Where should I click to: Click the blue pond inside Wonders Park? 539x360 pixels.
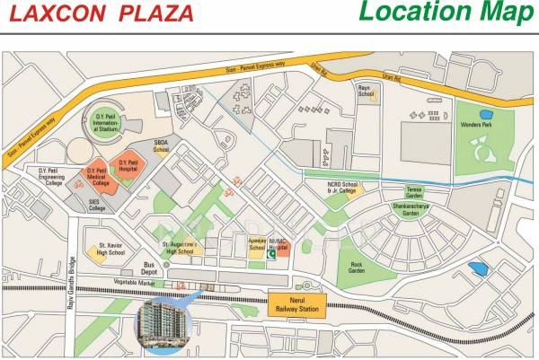coord(486,115)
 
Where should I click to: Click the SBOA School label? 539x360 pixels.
coord(162,145)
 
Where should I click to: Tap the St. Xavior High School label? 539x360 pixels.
coord(111,249)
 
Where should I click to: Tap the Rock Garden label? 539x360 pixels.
coord(357,268)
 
